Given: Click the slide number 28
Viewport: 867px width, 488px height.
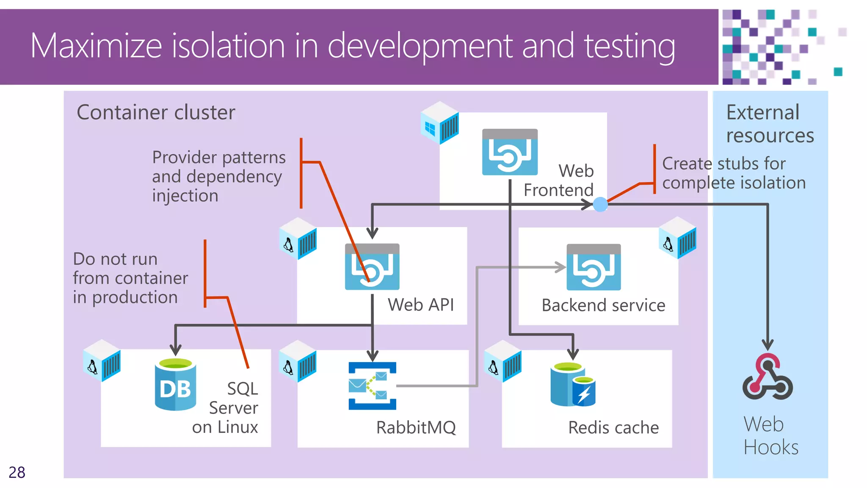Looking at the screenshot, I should (x=17, y=472).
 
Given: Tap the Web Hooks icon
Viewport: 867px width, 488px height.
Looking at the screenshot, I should (x=768, y=377).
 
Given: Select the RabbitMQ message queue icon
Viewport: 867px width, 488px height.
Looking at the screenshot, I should (x=372, y=386).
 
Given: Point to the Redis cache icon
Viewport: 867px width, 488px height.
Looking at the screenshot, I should (x=573, y=385).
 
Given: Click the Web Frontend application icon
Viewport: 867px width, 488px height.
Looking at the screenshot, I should (x=510, y=152).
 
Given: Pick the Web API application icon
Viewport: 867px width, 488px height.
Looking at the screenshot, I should (x=372, y=267).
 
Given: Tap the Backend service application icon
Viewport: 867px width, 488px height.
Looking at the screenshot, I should (x=594, y=267).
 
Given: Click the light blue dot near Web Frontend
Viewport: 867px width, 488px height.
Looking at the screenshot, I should (x=600, y=205).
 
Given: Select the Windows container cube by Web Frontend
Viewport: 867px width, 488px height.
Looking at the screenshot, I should (x=440, y=123).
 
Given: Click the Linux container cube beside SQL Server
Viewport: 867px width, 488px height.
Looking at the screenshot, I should (x=102, y=361).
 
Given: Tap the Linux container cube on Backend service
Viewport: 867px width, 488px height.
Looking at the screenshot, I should (x=677, y=238).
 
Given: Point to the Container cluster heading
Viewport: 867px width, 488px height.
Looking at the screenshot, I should (x=156, y=113).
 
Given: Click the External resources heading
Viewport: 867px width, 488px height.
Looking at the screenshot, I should (x=770, y=124).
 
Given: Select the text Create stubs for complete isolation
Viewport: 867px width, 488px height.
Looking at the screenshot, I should (x=733, y=173).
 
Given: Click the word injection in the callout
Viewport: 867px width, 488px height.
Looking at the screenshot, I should (x=185, y=196).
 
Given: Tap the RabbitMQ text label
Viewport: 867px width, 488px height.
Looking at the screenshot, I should (x=416, y=427).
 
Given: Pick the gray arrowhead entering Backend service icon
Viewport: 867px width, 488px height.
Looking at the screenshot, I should (x=561, y=267).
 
